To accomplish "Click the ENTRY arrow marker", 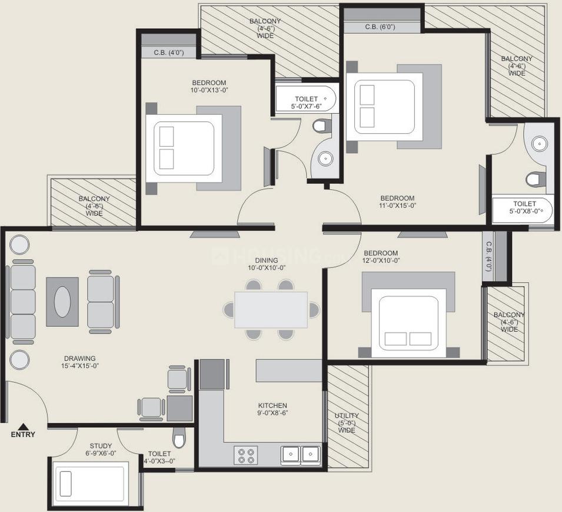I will coord(22,427).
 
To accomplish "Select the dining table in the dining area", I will coord(271,310).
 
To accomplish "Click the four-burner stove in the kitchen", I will coord(246,454).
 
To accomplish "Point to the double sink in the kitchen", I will coord(300,454).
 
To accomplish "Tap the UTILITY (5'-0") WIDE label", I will coord(347,423).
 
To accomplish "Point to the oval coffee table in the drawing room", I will coord(63,301).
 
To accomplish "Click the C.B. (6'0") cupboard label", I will coord(379,27).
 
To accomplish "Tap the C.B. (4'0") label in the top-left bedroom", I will coord(168,52).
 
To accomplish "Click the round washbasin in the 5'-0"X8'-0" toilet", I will coord(538,143).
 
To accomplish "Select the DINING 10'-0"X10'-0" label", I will coord(266,263).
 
